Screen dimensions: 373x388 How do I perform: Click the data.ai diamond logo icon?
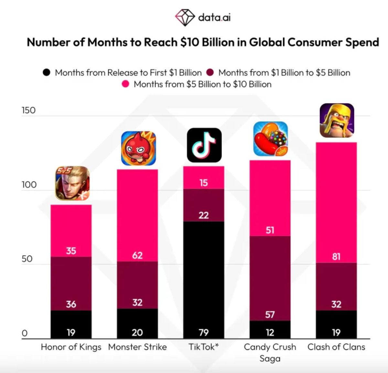coord(185,16)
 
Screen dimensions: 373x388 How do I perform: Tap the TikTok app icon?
coord(204,145)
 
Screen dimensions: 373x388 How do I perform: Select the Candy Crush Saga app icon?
coord(271,139)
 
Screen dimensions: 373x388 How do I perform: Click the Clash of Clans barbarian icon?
coord(337,120)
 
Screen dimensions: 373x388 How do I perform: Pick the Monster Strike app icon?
coord(138,148)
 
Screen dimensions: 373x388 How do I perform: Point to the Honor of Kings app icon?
coord(72,183)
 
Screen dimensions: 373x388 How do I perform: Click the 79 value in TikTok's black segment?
coord(204,332)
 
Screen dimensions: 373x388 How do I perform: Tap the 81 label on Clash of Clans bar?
coord(336,257)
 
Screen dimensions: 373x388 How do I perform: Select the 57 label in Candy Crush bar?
coord(270,314)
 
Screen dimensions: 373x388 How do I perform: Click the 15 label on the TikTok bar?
coord(204,183)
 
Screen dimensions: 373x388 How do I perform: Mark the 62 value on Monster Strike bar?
coord(137,255)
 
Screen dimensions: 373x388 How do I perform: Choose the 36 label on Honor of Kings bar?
coord(71,304)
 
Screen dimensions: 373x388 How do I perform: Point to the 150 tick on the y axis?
coord(28,110)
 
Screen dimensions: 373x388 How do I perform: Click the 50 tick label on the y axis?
coord(27,259)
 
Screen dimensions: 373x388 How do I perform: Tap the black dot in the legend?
coord(47,72)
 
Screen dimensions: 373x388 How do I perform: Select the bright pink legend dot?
coord(125,84)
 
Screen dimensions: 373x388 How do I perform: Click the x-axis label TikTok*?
coord(204,347)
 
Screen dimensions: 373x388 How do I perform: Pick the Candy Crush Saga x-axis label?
coord(270,352)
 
